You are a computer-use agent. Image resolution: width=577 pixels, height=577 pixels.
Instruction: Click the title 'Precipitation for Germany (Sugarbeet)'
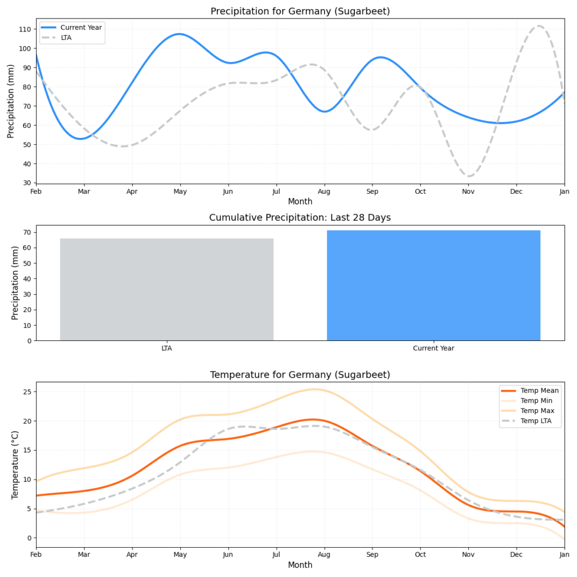coord(300,11)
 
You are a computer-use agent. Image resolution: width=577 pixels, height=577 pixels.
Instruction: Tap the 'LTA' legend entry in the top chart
coord(66,37)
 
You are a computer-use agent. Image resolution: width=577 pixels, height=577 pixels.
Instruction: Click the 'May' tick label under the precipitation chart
coord(180,192)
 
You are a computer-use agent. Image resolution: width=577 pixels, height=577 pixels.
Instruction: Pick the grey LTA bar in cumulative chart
coord(166,290)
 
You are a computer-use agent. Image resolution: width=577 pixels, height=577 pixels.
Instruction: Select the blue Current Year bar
coord(433,286)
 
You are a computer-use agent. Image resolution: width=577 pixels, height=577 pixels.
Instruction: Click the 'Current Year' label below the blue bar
coord(433,348)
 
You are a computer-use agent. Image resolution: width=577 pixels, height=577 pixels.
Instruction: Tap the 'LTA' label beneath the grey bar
coord(166,348)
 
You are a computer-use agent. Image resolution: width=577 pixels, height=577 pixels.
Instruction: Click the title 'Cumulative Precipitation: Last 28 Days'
coord(300,218)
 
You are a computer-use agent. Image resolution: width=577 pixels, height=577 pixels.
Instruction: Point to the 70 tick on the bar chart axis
coord(26,232)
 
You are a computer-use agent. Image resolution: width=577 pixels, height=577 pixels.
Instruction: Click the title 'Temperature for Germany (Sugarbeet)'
coord(300,375)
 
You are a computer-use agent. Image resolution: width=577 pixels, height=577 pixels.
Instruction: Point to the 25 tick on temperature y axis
coord(26,392)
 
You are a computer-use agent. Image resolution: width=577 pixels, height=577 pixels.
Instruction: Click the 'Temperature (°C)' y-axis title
coord(15,465)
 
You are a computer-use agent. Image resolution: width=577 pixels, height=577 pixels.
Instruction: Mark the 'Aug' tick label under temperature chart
coord(324,556)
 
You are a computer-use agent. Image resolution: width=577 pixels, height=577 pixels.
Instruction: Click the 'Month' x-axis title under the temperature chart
coord(300,565)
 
